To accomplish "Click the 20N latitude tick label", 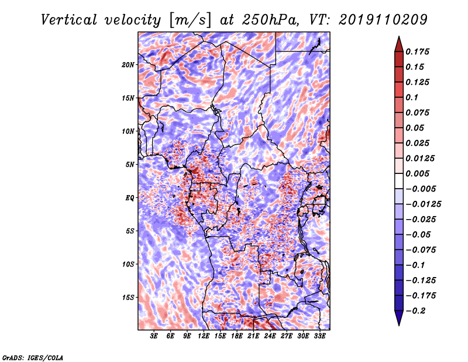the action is tap(128, 65).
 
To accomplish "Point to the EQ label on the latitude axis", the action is tap(129, 198).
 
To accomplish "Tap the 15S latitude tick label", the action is tap(128, 298).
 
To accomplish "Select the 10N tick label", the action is tap(128, 132).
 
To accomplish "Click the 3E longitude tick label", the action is tap(154, 336).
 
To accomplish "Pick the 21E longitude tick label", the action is tap(253, 336).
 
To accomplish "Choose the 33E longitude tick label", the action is tap(319, 336).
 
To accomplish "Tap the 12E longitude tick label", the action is tap(204, 336).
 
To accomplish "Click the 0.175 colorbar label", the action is tap(417, 52).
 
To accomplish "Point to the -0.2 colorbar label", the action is tap(415, 311).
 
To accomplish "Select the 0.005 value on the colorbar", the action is tap(417, 173).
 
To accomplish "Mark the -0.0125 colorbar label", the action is tap(423, 204).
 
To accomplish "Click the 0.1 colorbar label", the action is tap(412, 97).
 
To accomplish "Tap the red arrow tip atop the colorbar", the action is tap(399, 37).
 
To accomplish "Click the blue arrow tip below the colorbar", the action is tap(399, 325).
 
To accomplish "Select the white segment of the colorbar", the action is tap(399, 181).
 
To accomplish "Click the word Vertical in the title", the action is tap(69, 20).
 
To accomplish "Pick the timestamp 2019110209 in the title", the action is tap(383, 20).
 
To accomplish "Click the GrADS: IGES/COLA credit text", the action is tap(33, 357).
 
